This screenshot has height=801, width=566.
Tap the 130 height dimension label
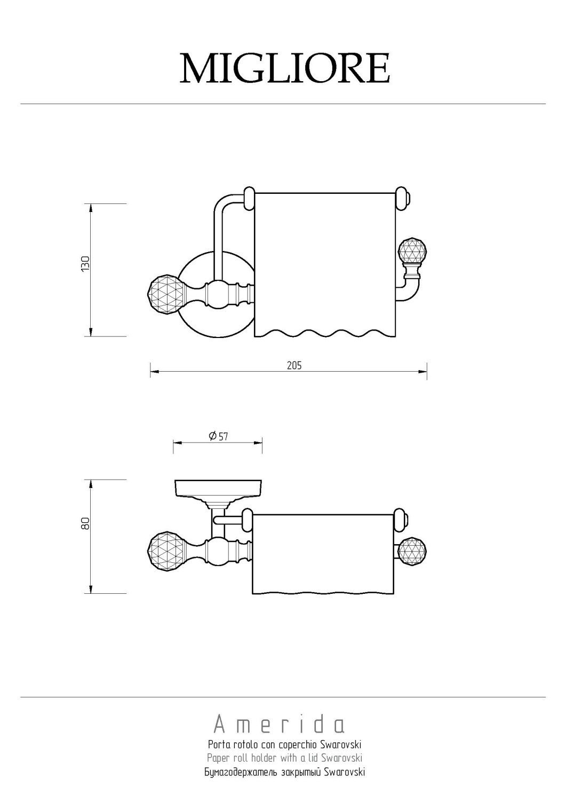(86, 264)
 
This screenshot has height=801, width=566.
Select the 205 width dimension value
(294, 365)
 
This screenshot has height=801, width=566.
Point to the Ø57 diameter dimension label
(218, 436)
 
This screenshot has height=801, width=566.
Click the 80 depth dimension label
(86, 524)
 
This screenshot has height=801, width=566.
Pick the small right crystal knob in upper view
(413, 252)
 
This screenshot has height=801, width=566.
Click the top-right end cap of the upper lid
(403, 198)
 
